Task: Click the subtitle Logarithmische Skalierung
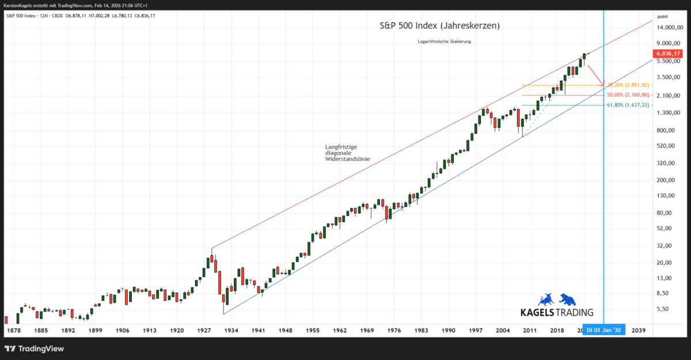(x=445, y=41)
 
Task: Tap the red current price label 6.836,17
(x=668, y=53)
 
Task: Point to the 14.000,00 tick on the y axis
(x=670, y=28)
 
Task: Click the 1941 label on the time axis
(x=258, y=331)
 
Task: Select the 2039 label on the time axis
(x=638, y=331)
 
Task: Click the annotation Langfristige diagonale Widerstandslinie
(x=347, y=153)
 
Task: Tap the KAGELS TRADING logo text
(x=556, y=312)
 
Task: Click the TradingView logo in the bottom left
(x=35, y=348)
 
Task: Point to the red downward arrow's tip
(x=603, y=85)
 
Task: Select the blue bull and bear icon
(x=557, y=299)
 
